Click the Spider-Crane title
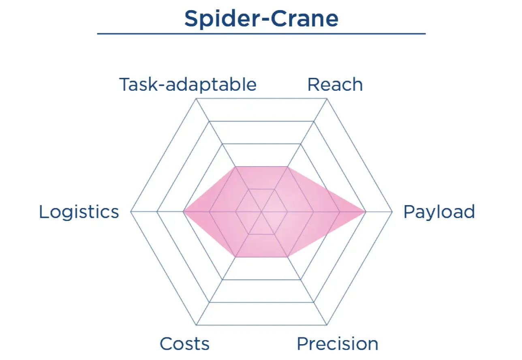coord(261,19)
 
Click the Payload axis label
coord(439,212)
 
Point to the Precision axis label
coord(338,344)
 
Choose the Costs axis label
coord(184,344)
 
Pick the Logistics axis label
coord(79,212)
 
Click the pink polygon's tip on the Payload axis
coord(366,212)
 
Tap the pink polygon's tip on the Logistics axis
coord(183,212)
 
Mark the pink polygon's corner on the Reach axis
coord(288,167)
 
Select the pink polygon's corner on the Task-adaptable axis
coord(235,167)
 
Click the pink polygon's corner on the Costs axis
coord(235,257)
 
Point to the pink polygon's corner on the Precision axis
coord(288,257)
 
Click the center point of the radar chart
coord(262,212)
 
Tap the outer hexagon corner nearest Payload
coord(392,212)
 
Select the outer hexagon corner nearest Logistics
coord(131,212)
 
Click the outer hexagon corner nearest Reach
coord(327,99)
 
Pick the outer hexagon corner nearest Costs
coord(197,325)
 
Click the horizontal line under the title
coord(261,34)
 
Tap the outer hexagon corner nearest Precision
coord(327,325)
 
